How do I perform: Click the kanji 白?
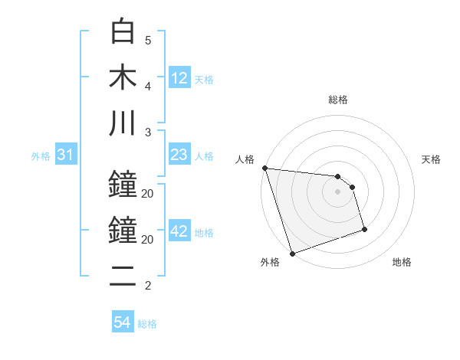pos(123,31)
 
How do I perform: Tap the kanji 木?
pos(123,77)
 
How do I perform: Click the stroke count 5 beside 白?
pos(148,40)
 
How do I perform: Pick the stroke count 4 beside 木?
pos(148,86)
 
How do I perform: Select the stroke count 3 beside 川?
pos(148,132)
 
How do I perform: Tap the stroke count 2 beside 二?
pos(148,286)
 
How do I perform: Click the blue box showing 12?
pos(179,78)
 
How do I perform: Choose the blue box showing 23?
pos(179,155)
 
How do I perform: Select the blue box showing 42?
pos(179,231)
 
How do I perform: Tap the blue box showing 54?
pos(123,322)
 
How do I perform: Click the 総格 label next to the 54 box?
pos(147,324)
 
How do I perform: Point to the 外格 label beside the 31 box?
pos(41,156)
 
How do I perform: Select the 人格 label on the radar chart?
pos(245,159)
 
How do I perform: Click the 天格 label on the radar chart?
pos(431,159)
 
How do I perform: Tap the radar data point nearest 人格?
pos(264,168)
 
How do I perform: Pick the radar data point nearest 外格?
pos(292,254)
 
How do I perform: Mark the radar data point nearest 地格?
pos(364,229)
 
